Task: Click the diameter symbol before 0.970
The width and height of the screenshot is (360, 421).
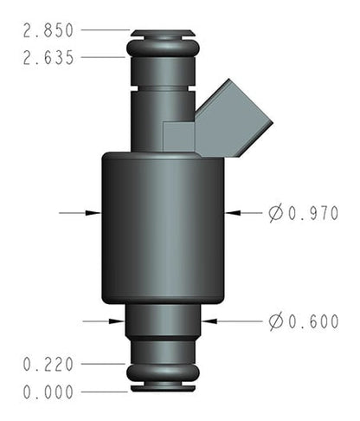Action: [x=275, y=212]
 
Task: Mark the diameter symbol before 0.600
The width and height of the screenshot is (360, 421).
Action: [x=275, y=322]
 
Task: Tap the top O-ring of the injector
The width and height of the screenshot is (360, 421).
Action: [x=162, y=45]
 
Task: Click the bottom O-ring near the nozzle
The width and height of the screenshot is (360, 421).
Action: [x=163, y=373]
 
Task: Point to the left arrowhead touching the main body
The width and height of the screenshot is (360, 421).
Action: [x=94, y=211]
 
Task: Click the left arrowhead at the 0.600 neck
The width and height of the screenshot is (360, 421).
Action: [x=119, y=321]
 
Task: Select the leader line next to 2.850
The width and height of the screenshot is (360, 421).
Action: [x=106, y=30]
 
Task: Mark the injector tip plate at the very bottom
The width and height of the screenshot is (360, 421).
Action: [x=163, y=389]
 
